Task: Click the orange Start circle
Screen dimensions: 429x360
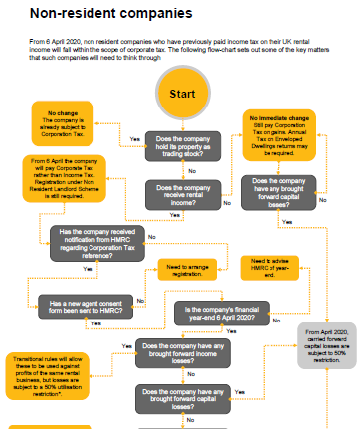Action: click(x=182, y=94)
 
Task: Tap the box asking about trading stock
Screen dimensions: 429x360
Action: click(x=185, y=146)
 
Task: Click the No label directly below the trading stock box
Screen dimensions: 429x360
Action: click(x=191, y=172)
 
